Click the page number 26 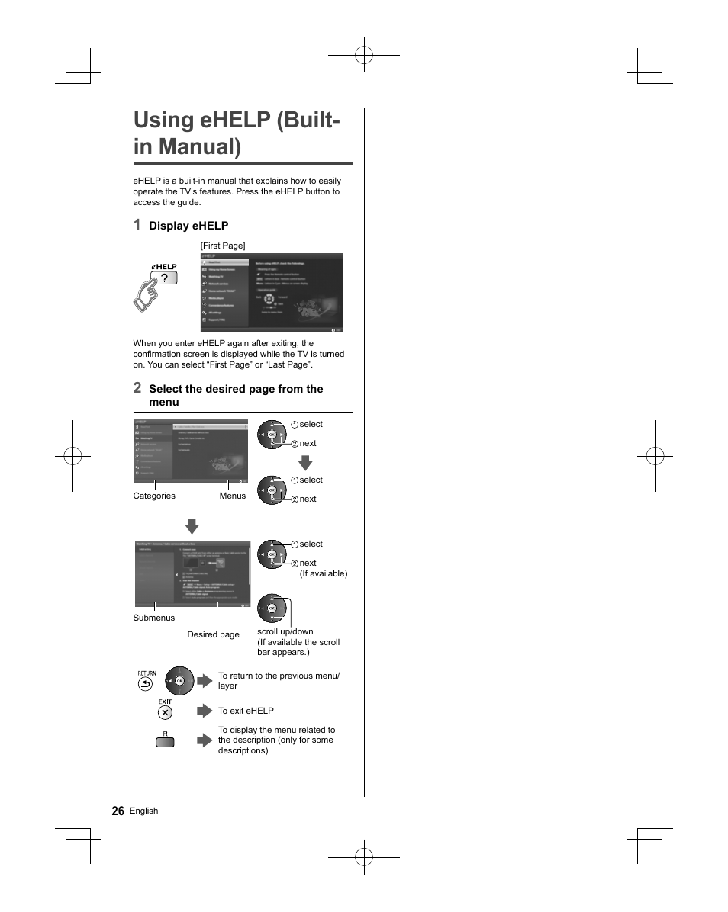[x=118, y=811]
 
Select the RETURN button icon [x=146, y=684]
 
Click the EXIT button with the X [x=165, y=713]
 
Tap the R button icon [x=165, y=740]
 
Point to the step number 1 [x=137, y=224]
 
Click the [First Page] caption [x=223, y=246]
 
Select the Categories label [x=154, y=496]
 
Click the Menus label [x=233, y=496]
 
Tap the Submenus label [x=154, y=618]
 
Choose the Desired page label [x=213, y=634]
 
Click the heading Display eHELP [x=188, y=226]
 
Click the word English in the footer [x=143, y=811]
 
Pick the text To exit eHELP [x=246, y=711]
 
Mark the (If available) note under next [x=323, y=573]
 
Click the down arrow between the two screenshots [x=192, y=526]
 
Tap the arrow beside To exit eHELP [x=204, y=711]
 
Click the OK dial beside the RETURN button [x=180, y=680]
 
